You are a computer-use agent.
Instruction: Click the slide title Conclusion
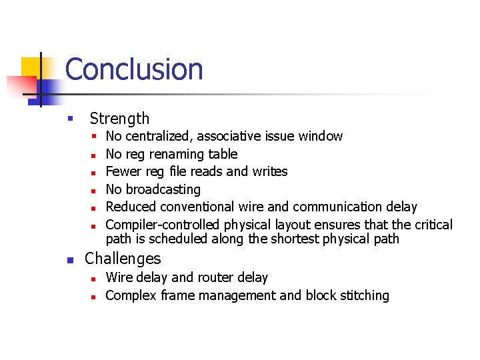(134, 69)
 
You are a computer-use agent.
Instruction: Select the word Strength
(119, 119)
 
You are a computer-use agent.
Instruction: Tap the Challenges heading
(123, 259)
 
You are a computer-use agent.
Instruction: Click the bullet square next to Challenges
(71, 259)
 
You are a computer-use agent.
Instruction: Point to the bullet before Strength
(69, 119)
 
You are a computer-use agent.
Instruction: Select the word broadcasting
(163, 189)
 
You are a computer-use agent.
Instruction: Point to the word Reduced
(131, 207)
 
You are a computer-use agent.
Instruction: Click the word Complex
(131, 295)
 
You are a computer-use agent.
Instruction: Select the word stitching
(363, 295)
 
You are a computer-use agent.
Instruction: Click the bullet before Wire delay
(95, 278)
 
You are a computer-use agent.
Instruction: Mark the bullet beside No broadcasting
(95, 190)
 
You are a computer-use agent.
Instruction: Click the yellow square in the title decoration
(31, 67)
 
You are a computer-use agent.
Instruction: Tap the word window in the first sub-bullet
(321, 137)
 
